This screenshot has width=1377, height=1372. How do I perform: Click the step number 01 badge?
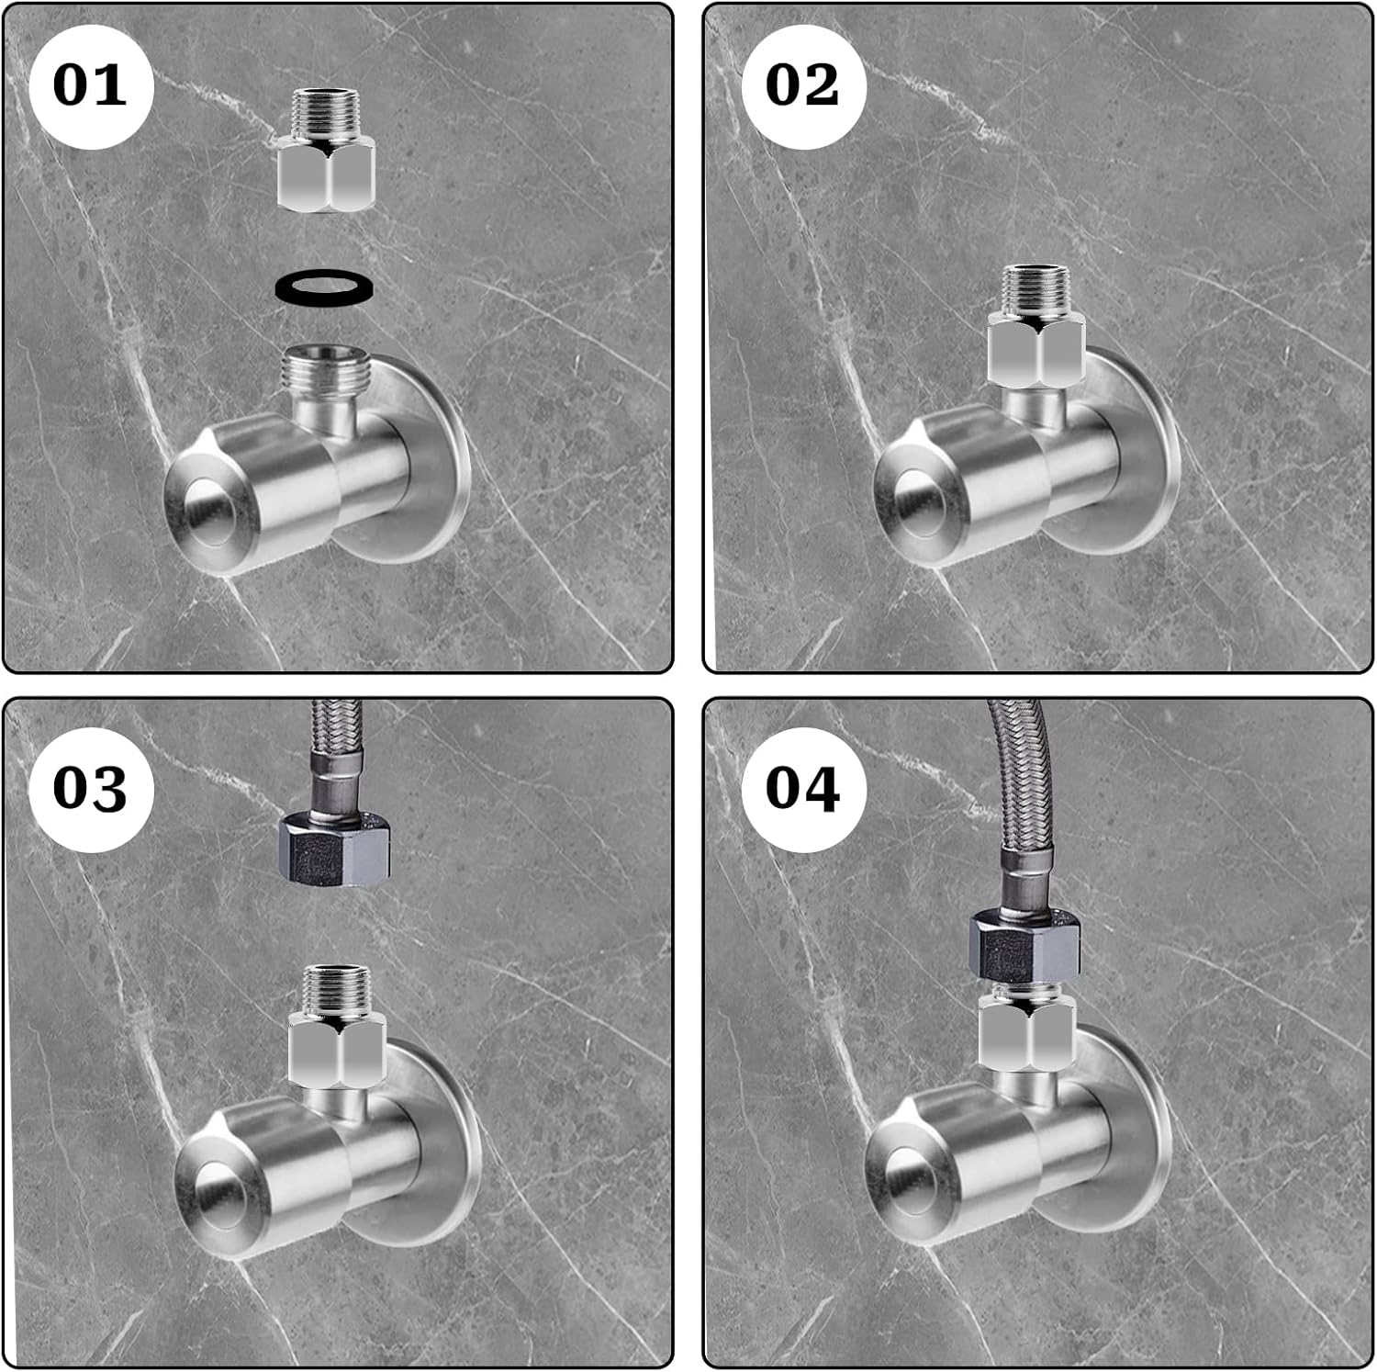click(90, 85)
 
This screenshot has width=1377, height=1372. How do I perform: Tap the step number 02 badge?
click(803, 85)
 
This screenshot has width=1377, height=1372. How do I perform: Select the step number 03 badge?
click(90, 788)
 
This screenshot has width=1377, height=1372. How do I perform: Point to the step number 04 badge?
click(803, 788)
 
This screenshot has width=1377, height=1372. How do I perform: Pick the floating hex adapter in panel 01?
click(326, 150)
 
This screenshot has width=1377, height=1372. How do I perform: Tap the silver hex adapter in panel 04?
click(1025, 1030)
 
